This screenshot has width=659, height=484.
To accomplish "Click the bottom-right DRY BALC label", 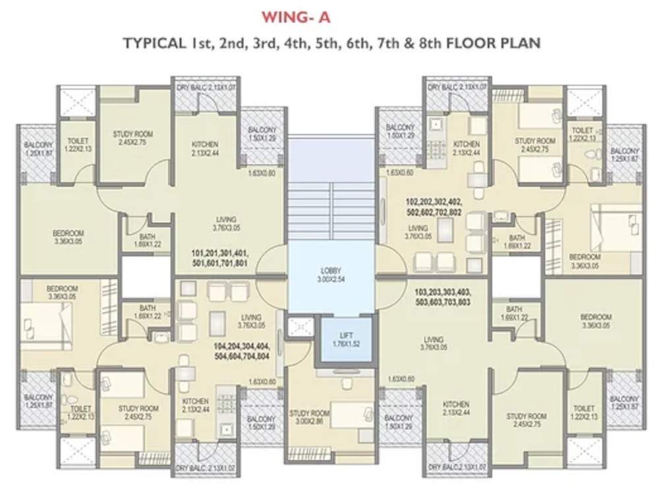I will pos(457,467).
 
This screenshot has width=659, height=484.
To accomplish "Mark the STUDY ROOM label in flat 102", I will pos(535,145).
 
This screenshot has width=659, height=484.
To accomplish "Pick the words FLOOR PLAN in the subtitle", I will pos(494,44).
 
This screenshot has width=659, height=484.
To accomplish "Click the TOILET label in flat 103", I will pos(584,413).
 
